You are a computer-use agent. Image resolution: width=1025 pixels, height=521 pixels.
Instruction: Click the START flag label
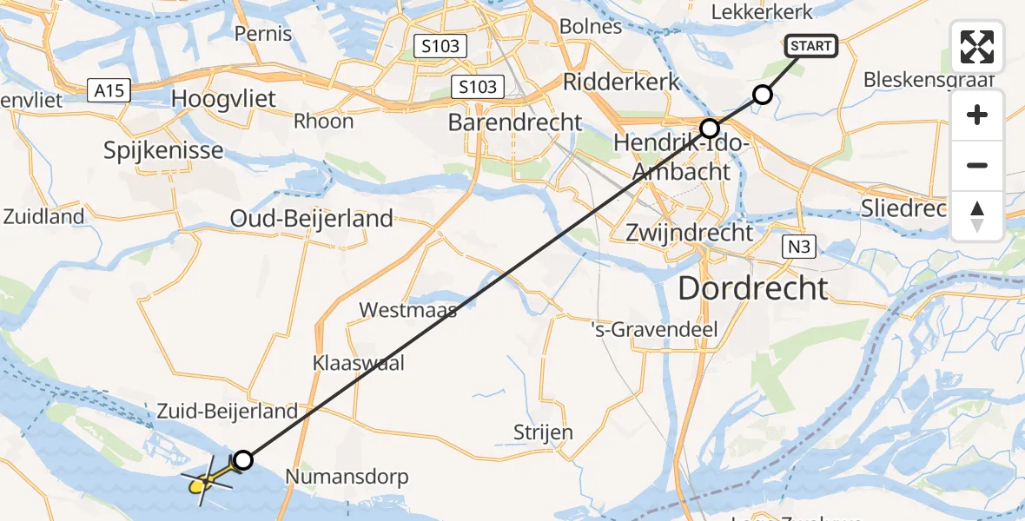point(811,45)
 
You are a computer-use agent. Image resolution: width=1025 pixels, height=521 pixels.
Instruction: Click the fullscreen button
point(977,47)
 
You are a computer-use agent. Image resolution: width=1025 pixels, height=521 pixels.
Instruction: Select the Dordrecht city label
point(752,287)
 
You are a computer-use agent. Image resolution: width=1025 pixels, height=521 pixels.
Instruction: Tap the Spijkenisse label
point(163,150)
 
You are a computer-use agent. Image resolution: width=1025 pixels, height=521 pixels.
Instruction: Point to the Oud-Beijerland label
point(312,218)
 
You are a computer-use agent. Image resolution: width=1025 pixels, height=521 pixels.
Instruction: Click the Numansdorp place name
point(347,476)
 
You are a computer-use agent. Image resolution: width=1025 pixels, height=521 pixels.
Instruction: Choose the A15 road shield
point(109,88)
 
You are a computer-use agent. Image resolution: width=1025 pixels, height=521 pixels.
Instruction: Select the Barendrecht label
point(515,122)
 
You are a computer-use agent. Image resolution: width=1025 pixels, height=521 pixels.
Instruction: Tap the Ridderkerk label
point(621,82)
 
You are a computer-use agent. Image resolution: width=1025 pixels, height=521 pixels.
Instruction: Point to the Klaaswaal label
point(359,363)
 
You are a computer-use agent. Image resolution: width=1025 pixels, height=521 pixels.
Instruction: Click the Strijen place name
point(543,432)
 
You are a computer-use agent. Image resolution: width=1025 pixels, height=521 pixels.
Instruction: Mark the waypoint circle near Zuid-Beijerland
point(243,460)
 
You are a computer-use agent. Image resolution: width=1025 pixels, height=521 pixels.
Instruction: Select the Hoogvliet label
point(225,98)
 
